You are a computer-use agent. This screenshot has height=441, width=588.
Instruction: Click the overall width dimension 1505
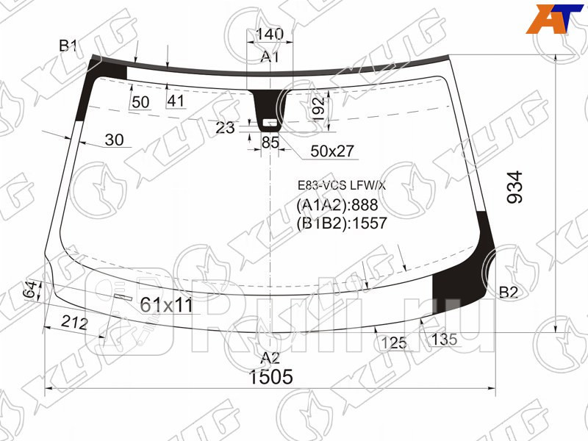(271, 378)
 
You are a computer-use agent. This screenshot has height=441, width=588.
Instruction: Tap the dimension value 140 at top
(269, 35)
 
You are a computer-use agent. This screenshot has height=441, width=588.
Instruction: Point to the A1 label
(270, 57)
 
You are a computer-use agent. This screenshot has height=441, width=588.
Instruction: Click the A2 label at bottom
(270, 358)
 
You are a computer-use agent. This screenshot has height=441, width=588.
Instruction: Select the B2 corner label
(509, 293)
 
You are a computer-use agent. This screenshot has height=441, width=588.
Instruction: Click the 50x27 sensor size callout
(332, 151)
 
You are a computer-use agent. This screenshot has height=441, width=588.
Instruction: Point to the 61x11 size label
(166, 304)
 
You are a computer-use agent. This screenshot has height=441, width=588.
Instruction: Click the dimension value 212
(75, 323)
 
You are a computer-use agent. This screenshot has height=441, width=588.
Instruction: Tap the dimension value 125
(394, 342)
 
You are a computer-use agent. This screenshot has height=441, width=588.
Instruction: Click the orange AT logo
(555, 18)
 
